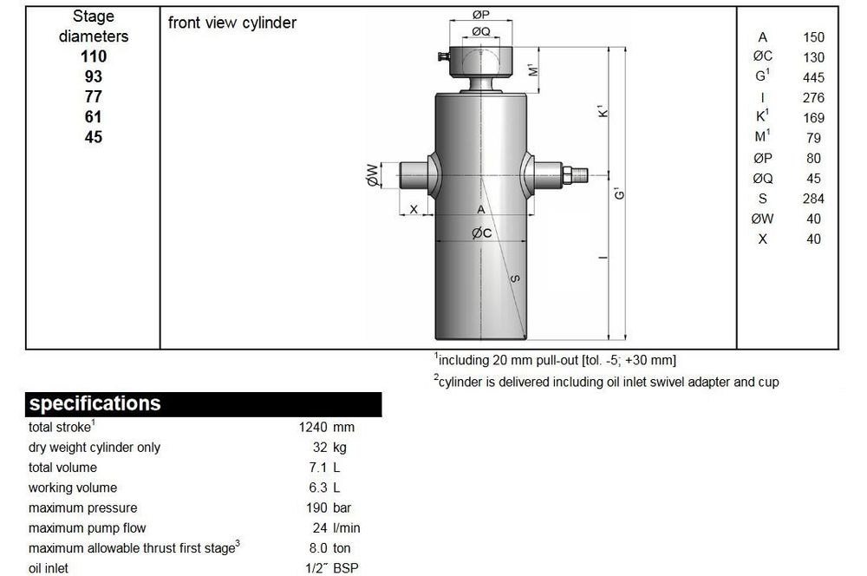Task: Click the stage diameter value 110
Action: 93,56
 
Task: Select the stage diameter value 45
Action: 93,136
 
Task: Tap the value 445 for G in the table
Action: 813,77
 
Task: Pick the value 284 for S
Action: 813,199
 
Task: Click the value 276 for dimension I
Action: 813,98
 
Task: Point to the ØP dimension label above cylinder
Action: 480,15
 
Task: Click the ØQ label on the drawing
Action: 480,32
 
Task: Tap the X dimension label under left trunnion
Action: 413,209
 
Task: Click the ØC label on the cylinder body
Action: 482,232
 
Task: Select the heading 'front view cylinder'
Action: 231,23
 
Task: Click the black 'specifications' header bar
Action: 204,404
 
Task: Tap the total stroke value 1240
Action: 313,427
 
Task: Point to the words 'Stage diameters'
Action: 93,27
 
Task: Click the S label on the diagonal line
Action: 514,279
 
